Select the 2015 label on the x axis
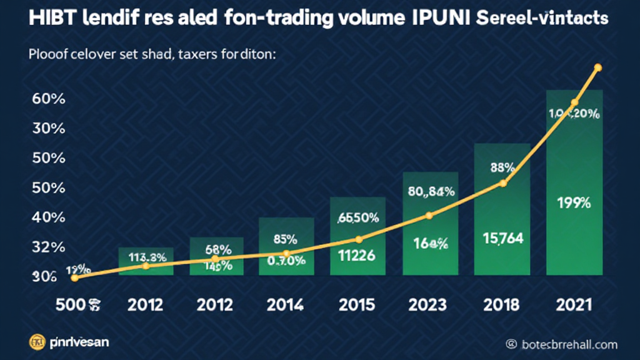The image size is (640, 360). (x=357, y=305)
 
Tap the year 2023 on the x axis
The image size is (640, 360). (x=429, y=305)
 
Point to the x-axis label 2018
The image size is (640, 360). (x=501, y=305)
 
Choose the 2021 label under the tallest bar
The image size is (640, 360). (x=573, y=305)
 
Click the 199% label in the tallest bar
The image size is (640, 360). (x=573, y=203)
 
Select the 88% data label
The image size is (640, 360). (x=502, y=167)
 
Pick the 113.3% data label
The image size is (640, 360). (x=147, y=256)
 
